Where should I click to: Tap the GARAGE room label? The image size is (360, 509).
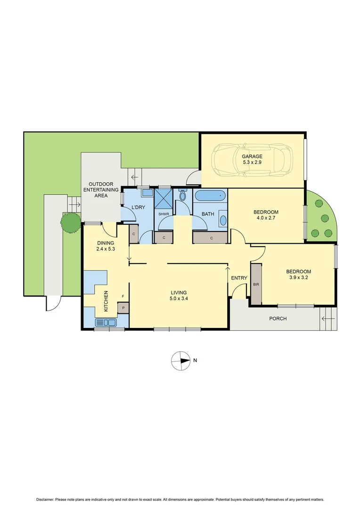(252, 156)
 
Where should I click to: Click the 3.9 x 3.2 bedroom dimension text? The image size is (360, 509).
(299, 278)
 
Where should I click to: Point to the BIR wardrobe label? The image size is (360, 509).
(256, 285)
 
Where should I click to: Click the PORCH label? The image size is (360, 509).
(278, 319)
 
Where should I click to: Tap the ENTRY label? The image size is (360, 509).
(239, 278)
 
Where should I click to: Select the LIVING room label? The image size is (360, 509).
(179, 292)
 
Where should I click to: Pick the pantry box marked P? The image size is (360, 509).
(123, 308)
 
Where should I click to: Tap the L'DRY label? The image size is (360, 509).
(138, 208)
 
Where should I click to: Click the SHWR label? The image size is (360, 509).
(164, 214)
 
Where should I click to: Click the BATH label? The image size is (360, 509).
(208, 214)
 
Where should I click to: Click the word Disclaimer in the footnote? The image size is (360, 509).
(46, 499)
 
